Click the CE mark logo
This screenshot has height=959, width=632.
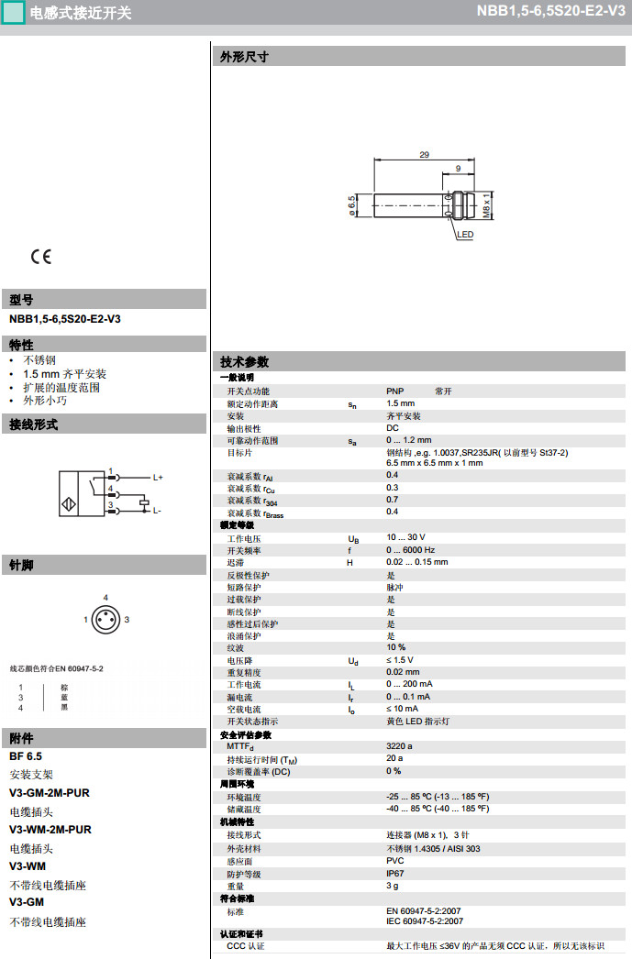[x=41, y=257]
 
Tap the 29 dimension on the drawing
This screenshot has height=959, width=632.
[x=424, y=155]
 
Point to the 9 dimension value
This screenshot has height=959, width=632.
[x=458, y=169]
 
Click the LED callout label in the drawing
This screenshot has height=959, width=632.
[x=465, y=235]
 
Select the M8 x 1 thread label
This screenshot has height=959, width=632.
[x=486, y=205]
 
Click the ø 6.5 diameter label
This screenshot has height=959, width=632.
[x=351, y=204]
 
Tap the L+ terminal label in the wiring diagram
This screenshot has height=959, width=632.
[x=158, y=477]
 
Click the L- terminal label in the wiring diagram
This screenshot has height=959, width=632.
[x=157, y=510]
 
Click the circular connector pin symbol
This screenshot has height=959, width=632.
[x=105, y=620]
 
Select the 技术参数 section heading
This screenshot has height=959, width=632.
[x=245, y=362]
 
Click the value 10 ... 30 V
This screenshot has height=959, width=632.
[x=405, y=537]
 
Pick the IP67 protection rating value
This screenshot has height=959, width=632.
[x=395, y=874]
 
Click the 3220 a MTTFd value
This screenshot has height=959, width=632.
[x=399, y=745]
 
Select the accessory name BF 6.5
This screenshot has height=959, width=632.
[x=26, y=756]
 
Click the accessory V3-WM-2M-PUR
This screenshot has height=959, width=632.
[x=50, y=830]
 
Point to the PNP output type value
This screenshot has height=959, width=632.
[x=395, y=391]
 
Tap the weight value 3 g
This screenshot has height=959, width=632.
[x=392, y=886]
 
